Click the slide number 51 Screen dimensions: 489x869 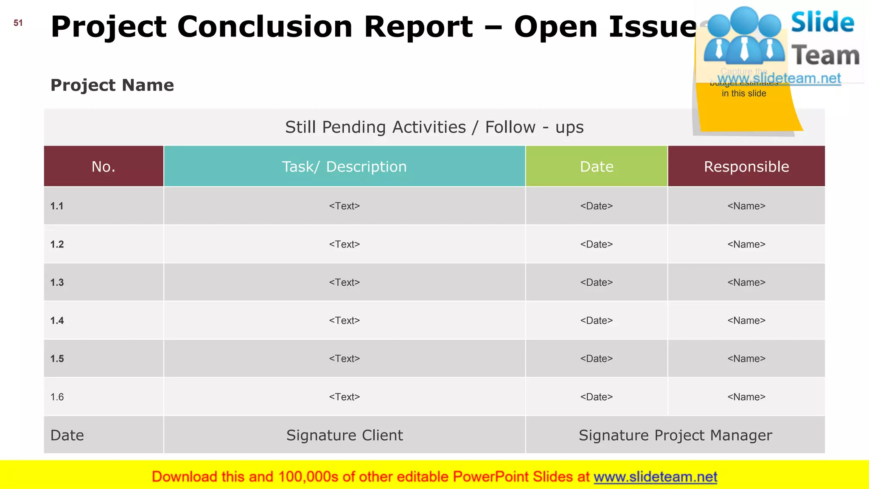click(x=18, y=23)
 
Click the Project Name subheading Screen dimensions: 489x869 click(x=112, y=85)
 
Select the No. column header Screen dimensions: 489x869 click(x=104, y=166)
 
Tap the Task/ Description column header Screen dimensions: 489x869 click(x=344, y=166)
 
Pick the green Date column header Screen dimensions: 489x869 click(x=596, y=166)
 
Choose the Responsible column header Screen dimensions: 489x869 click(x=746, y=166)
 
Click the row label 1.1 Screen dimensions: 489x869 click(x=57, y=206)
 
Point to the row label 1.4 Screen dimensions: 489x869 click(x=57, y=321)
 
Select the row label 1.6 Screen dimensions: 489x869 click(x=57, y=397)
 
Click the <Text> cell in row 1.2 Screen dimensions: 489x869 click(x=344, y=244)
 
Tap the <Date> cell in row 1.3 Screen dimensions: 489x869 click(x=596, y=283)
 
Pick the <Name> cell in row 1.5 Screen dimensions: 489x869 click(x=746, y=359)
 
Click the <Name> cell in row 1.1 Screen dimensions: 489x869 click(x=746, y=206)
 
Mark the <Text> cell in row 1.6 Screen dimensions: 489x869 click(x=344, y=397)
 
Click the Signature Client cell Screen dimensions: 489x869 click(x=344, y=436)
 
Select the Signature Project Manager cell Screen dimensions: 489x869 click(x=675, y=436)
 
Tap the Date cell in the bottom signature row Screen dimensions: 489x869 click(x=67, y=436)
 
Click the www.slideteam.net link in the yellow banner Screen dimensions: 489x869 click(x=655, y=477)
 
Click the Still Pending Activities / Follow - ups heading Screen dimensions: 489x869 click(x=434, y=127)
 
